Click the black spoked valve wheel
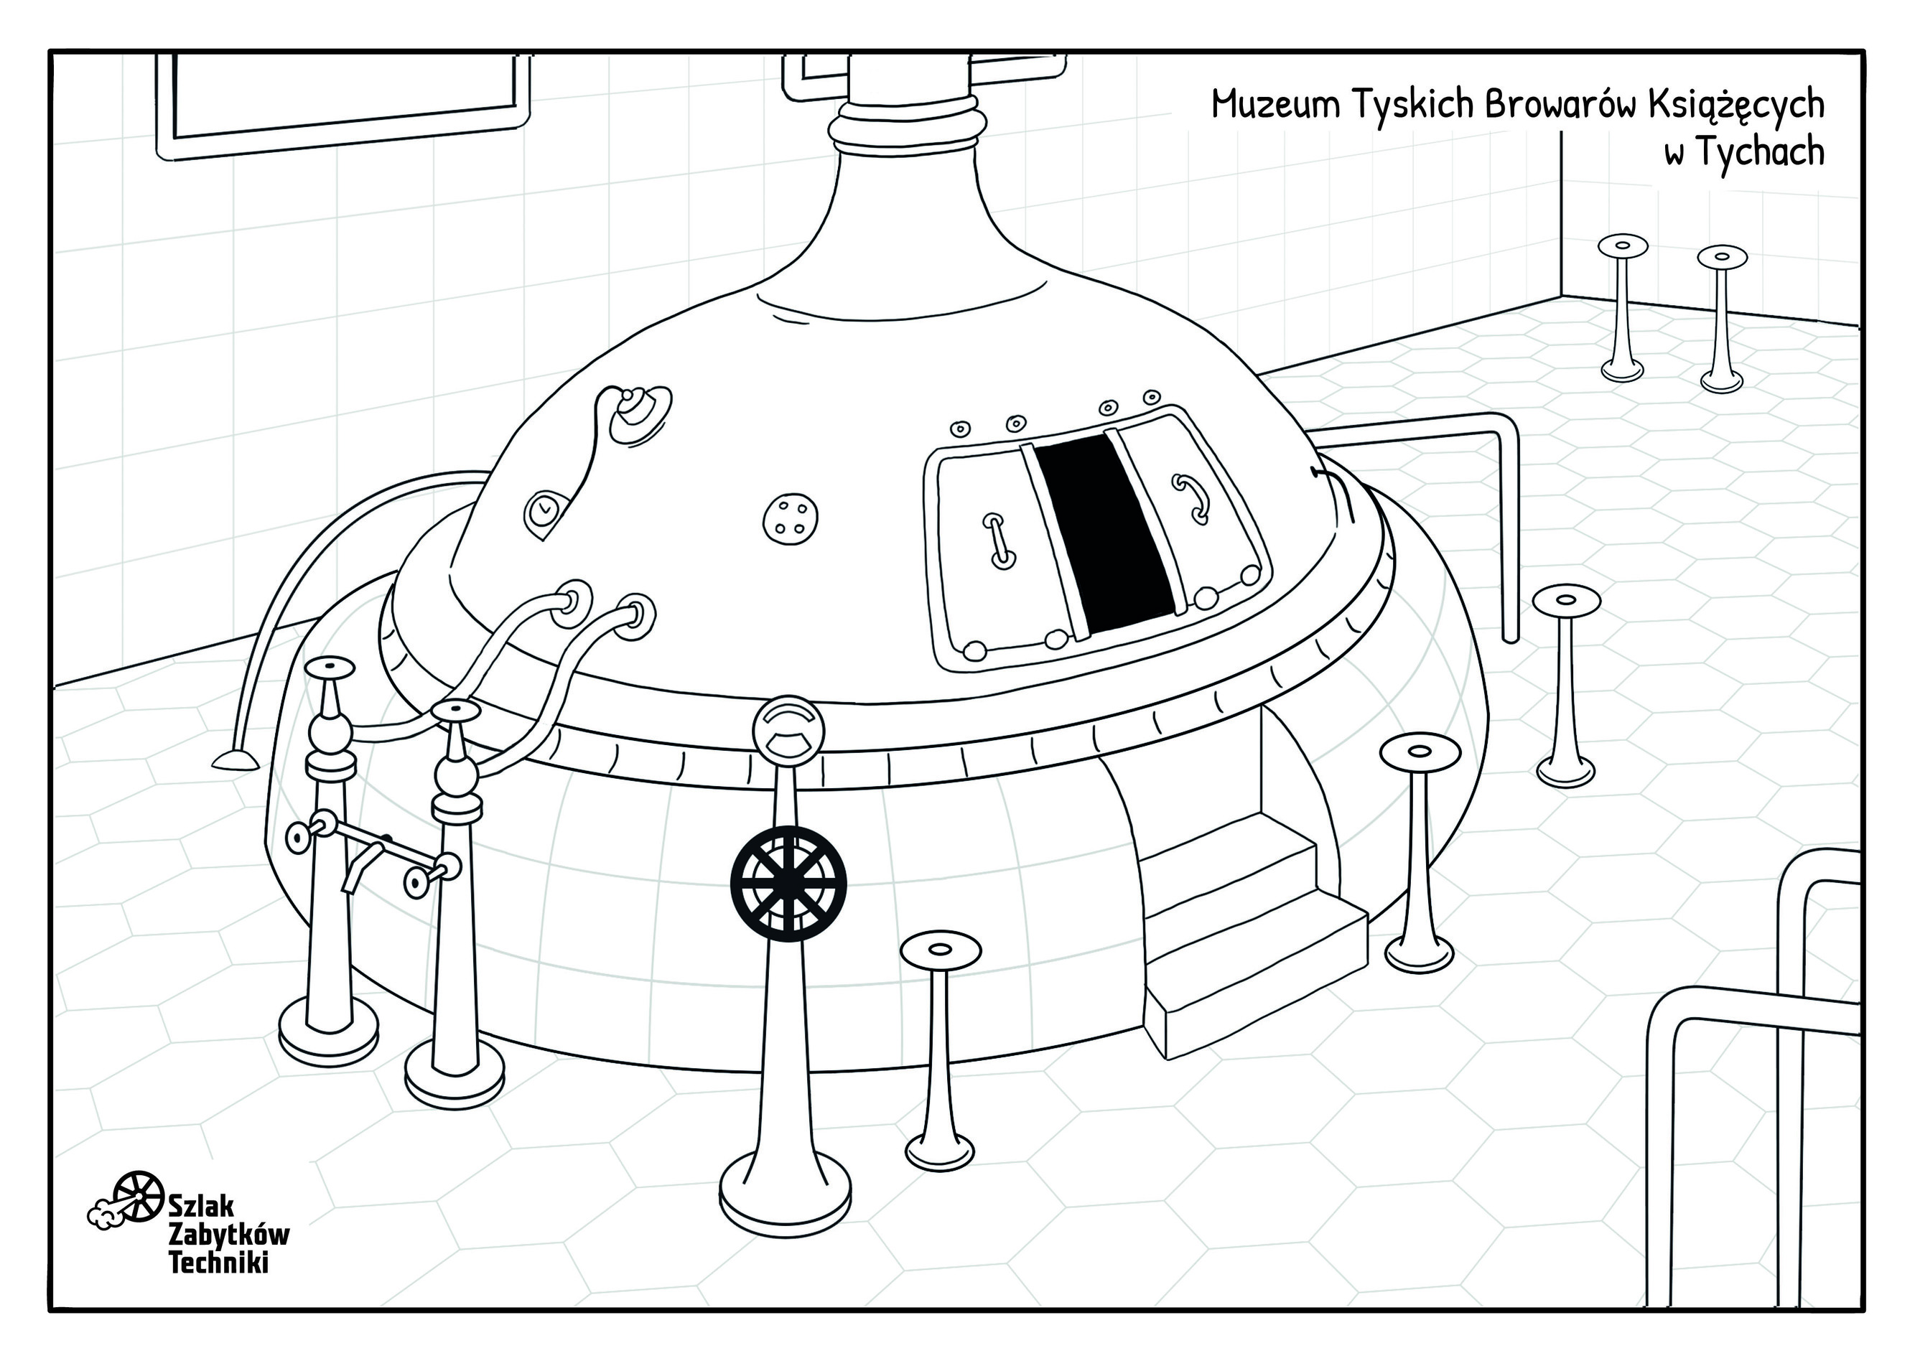tap(788, 881)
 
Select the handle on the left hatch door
tap(998, 541)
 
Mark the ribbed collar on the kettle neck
tap(907, 122)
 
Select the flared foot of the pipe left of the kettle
tap(235, 759)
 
